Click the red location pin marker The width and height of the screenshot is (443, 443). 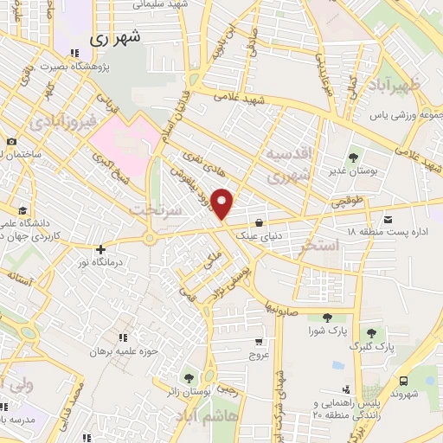(x=222, y=203)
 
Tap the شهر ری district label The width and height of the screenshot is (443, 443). (x=116, y=39)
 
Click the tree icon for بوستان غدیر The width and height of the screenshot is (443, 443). (x=353, y=157)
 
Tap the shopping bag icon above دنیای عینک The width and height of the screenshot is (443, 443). (x=259, y=221)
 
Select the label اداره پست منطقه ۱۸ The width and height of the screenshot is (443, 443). (x=388, y=232)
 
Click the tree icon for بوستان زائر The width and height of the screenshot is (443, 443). (x=189, y=377)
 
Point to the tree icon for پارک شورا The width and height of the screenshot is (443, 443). (x=325, y=318)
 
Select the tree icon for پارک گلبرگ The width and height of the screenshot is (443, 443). (x=371, y=332)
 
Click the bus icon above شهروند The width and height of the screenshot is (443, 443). (x=404, y=380)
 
